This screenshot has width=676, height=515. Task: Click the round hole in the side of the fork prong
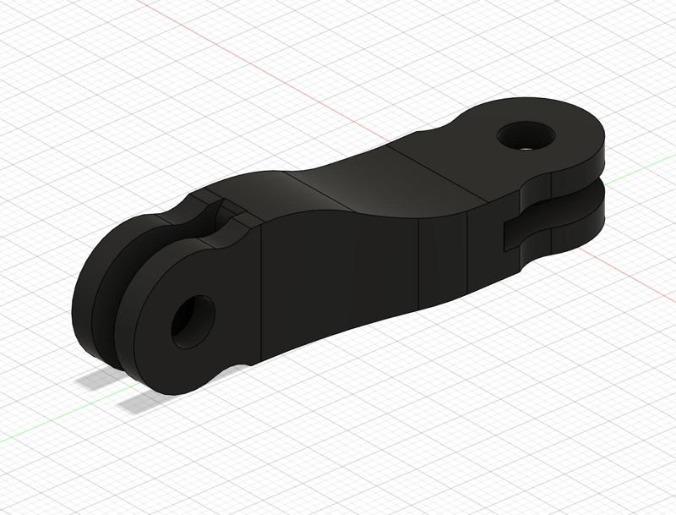[x=192, y=322]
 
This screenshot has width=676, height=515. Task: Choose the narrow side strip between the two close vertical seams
[x=444, y=258]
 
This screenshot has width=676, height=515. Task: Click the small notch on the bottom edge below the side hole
[x=243, y=365]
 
